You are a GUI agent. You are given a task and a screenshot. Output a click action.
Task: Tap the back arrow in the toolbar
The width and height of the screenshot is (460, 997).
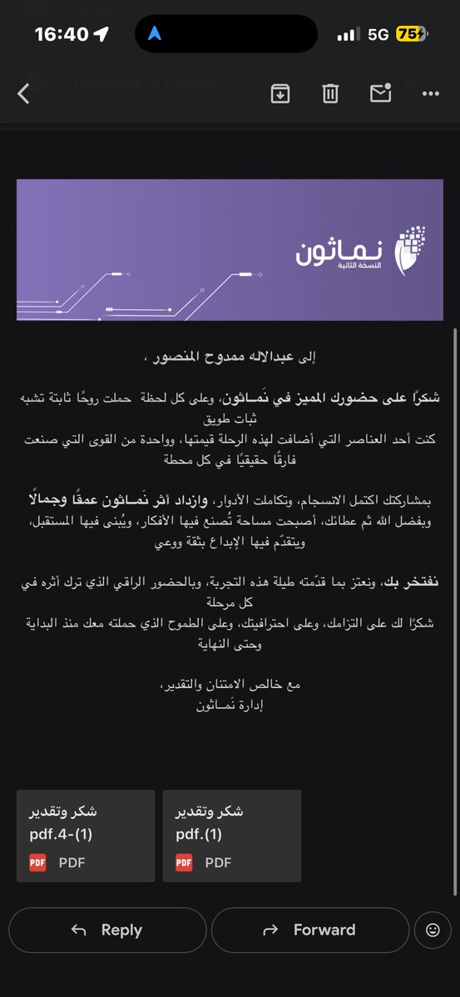tap(23, 94)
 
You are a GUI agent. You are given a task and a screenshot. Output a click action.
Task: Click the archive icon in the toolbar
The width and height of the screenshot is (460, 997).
tap(280, 94)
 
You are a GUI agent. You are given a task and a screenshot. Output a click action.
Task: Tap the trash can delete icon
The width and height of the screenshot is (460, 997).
tap(330, 94)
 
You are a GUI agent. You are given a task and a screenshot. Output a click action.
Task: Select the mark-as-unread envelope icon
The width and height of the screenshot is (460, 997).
tap(380, 94)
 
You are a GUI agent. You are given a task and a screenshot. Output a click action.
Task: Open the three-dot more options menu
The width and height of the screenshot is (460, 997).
tap(430, 94)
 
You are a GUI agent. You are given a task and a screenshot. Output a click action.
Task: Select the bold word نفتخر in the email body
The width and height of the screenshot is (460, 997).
tap(424, 583)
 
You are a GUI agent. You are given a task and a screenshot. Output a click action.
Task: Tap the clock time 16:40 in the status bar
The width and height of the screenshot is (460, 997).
tap(61, 34)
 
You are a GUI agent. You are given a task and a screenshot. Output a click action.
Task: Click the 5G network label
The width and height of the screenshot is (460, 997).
tap(378, 34)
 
